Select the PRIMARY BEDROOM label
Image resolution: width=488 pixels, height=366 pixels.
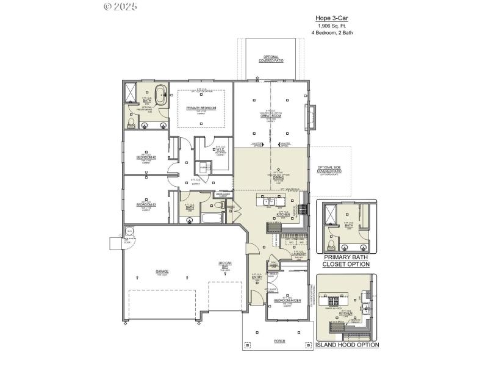[x=201, y=108]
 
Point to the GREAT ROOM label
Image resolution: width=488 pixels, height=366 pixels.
[x=270, y=116]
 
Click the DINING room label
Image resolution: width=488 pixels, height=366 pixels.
[x=278, y=178]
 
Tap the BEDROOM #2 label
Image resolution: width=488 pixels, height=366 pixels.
[x=146, y=157]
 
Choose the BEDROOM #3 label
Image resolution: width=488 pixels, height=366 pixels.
[x=146, y=204]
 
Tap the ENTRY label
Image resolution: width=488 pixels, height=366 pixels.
[x=257, y=278]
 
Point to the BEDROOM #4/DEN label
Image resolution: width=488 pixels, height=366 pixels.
[x=286, y=301]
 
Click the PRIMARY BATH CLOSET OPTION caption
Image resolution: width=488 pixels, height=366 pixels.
[x=346, y=261]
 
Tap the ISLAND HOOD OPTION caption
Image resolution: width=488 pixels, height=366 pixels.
[x=346, y=345]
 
